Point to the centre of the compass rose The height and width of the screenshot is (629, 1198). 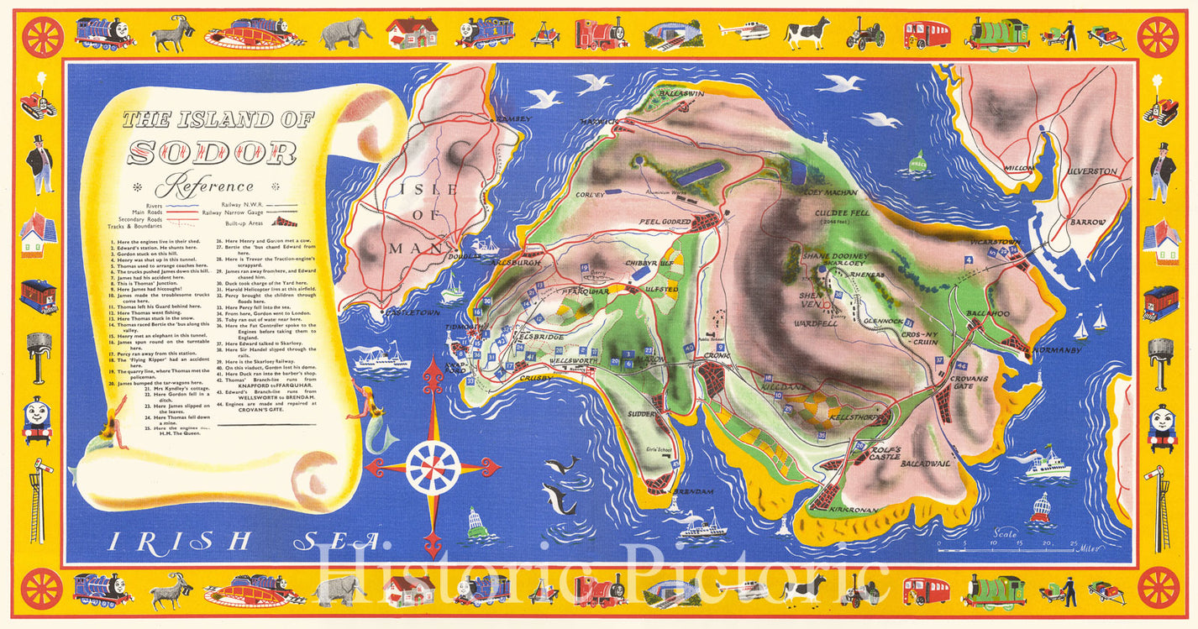tap(433, 467)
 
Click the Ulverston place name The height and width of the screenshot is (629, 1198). tap(1092, 171)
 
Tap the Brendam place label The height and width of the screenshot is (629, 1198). tap(692, 491)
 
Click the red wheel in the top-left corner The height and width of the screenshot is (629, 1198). tap(42, 36)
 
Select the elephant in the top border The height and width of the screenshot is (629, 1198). tap(345, 34)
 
